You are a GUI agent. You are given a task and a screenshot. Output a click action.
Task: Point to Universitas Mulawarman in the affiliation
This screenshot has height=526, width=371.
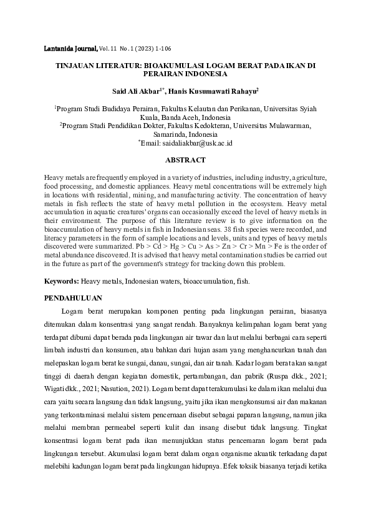point(273,126)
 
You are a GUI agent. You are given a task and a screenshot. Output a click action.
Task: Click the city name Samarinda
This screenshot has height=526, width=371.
point(170,134)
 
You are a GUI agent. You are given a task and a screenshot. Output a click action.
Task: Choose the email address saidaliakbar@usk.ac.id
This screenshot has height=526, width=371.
point(197,143)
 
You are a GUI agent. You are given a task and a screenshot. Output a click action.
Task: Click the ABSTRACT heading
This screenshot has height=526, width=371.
point(185,160)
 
